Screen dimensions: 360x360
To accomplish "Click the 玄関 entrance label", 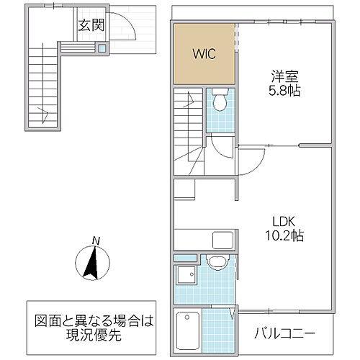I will [91, 27].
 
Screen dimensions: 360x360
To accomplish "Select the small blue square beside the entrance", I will [102, 48].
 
